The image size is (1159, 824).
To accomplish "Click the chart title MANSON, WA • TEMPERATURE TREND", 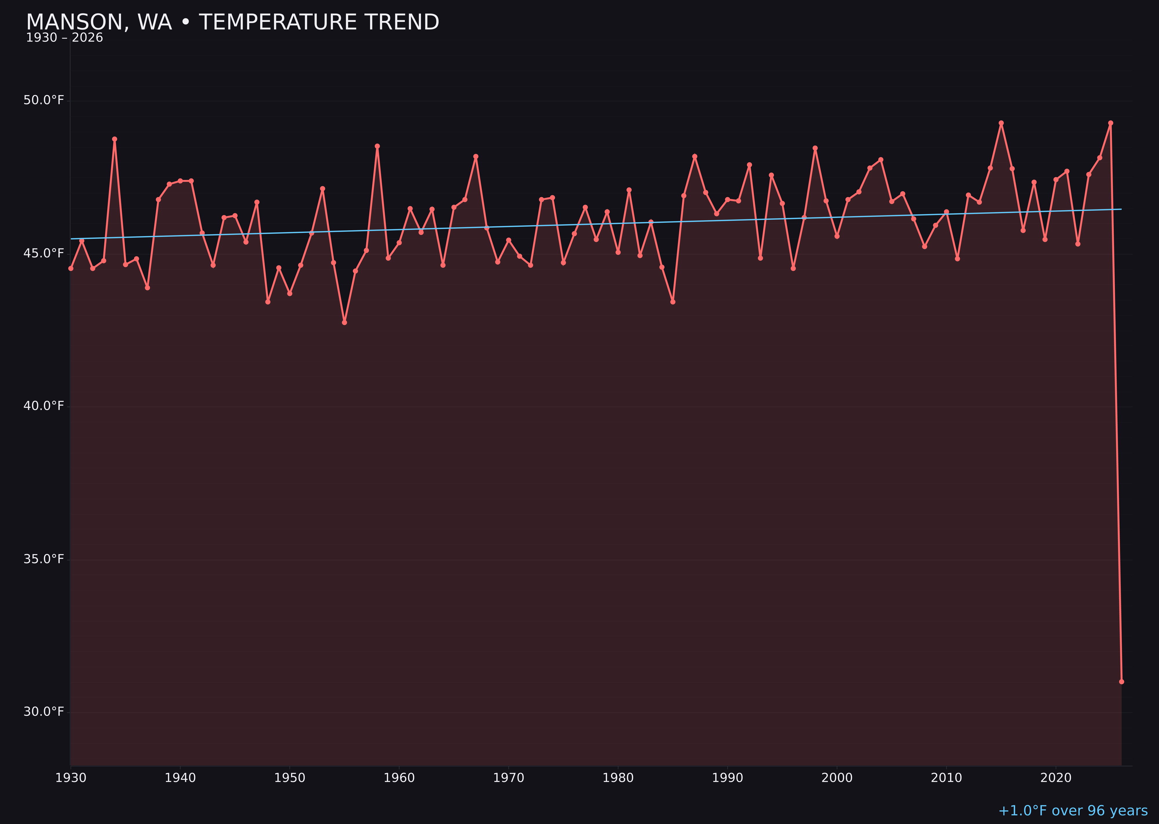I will pos(232,22).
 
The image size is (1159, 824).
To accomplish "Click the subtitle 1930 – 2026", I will pos(64,38).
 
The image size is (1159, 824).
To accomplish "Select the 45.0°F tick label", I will pos(44,253).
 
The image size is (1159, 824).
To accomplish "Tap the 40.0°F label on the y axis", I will pos(44,406).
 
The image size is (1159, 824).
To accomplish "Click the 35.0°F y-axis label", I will pos(44,559).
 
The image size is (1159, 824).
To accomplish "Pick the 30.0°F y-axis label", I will pos(44,712).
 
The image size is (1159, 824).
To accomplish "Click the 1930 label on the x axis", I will pos(71,778).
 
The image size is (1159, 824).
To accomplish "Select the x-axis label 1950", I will pos(290,778).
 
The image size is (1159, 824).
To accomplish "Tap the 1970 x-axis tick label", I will pos(509,778).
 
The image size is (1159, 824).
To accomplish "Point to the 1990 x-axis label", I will pos(728,778).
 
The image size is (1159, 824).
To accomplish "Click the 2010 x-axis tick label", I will pos(946,778).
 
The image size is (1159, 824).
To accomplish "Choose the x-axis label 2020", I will pos(1056,778).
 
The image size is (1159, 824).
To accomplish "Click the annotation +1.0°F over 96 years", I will pos(1073,811).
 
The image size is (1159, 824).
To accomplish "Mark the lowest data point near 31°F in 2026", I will pos(1121,681).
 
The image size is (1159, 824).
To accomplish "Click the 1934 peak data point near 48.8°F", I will pos(115,139).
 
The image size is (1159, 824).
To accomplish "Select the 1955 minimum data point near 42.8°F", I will pos(345,322).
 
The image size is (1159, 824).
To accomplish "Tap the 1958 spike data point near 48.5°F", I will pos(377,146).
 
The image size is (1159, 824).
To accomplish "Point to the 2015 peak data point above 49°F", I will pos(1001,123).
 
